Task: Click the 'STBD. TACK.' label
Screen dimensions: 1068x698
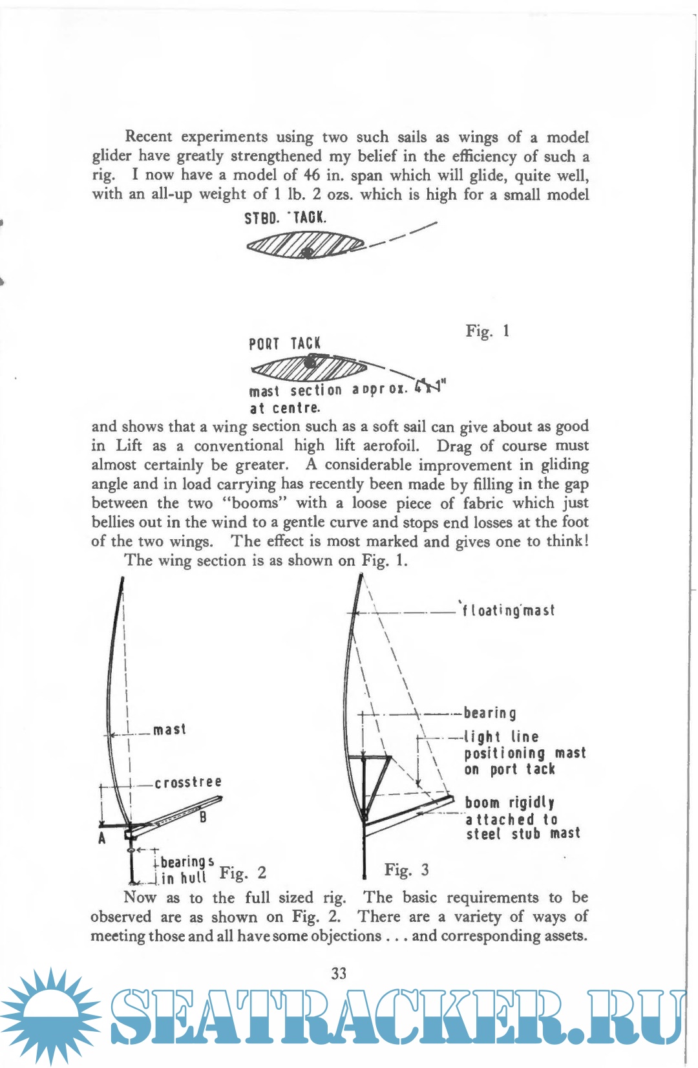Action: (285, 217)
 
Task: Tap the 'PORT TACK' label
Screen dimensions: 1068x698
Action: (284, 343)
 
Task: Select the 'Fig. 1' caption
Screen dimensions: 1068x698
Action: (487, 331)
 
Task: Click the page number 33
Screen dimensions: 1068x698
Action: (339, 974)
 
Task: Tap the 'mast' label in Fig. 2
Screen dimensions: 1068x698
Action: (169, 729)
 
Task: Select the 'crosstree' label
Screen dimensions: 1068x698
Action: (188, 782)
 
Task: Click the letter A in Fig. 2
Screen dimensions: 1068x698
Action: (102, 838)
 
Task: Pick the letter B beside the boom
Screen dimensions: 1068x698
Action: (203, 817)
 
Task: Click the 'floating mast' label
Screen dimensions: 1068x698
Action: (507, 610)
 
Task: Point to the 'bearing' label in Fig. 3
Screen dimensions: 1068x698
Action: (490, 713)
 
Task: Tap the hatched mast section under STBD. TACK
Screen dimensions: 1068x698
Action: (306, 246)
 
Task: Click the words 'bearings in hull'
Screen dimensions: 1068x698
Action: (184, 870)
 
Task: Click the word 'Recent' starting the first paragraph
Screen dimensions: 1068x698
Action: (149, 136)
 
